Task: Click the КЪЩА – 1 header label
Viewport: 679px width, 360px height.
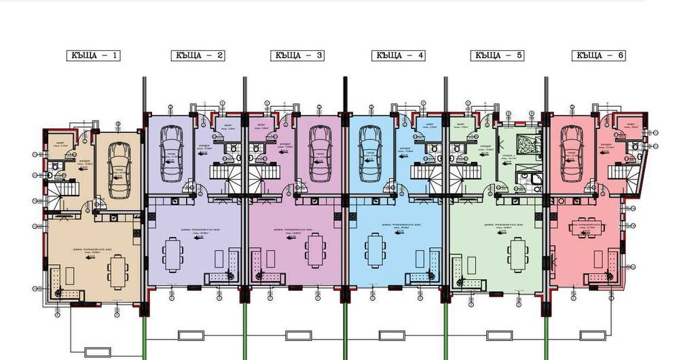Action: (x=94, y=56)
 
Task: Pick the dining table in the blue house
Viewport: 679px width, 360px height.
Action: (x=375, y=248)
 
